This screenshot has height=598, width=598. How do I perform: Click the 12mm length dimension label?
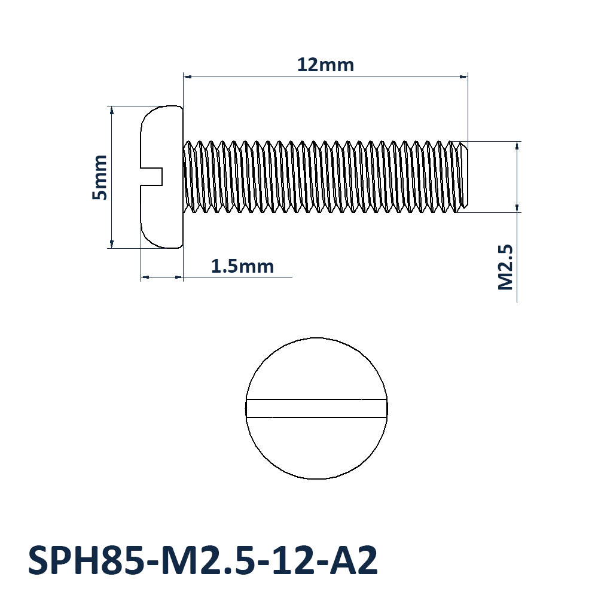click(325, 65)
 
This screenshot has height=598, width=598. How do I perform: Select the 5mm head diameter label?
click(99, 177)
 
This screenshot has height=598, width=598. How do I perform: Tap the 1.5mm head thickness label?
click(242, 266)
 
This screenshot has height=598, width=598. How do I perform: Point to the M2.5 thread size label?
click(506, 267)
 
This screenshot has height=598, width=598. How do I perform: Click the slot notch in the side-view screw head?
click(152, 176)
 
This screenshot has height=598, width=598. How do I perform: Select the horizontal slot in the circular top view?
click(316, 408)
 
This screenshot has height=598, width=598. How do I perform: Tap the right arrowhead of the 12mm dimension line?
click(463, 77)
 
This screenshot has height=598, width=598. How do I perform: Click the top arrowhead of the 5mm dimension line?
click(111, 110)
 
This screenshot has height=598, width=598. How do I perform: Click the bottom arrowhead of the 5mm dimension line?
click(111, 243)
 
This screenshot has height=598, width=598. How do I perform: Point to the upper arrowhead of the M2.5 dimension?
click(517, 145)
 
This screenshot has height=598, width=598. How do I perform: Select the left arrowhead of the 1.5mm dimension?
click(145, 277)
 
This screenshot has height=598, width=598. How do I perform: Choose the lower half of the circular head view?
click(316, 448)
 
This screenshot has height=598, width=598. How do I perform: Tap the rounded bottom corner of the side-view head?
click(149, 239)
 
